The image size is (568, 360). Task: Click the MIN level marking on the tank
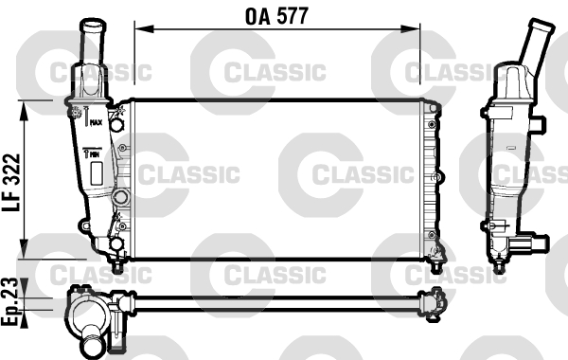(x=96, y=152)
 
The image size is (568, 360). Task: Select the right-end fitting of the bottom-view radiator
(x=435, y=300)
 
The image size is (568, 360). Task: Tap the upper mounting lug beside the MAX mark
(x=116, y=123)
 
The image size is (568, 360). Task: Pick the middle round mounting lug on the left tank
(x=120, y=197)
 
